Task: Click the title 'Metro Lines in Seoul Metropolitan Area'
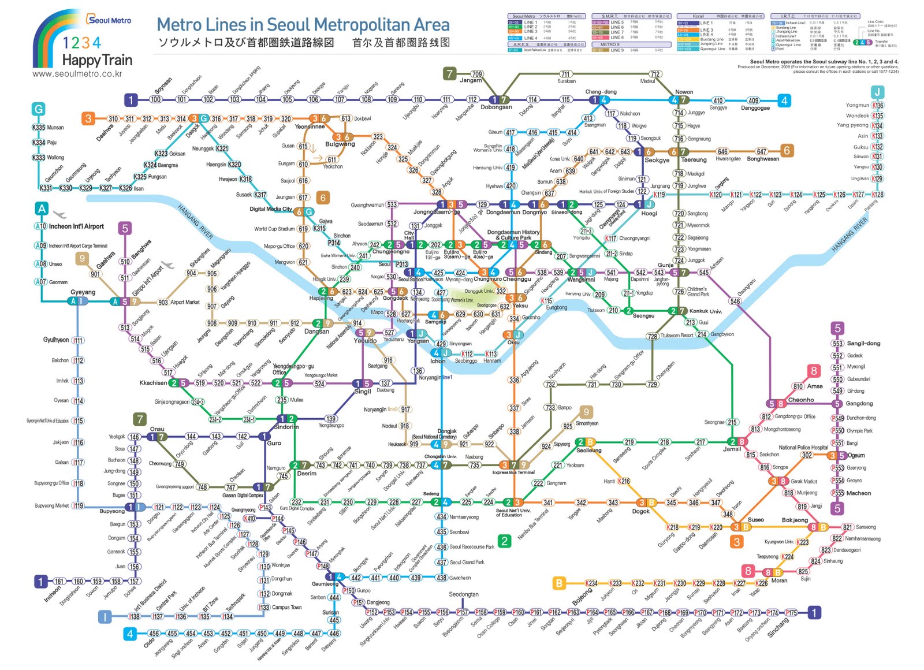tap(303, 25)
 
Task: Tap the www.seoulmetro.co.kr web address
tap(77, 74)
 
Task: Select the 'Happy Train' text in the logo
tap(97, 60)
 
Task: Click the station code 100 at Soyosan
tap(155, 99)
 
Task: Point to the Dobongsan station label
tap(496, 107)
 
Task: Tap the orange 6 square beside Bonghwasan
tap(787, 151)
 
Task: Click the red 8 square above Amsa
tap(813, 371)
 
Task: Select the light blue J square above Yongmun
tap(877, 92)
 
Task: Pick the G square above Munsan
tap(38, 109)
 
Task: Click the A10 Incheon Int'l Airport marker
tap(40, 226)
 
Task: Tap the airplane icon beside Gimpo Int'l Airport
tap(167, 265)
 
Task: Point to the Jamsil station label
tap(732, 449)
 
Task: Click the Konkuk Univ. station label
tap(706, 311)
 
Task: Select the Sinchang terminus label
tap(778, 627)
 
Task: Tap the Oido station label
tap(149, 642)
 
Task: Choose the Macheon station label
tap(859, 493)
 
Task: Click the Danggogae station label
tap(755, 108)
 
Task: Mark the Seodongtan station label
tap(463, 594)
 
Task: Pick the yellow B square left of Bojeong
tap(558, 583)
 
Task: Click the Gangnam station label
tap(556, 483)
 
